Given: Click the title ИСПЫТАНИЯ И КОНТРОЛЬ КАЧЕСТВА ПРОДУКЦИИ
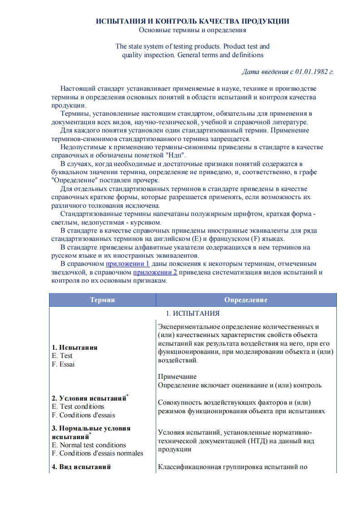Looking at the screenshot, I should click(x=192, y=21).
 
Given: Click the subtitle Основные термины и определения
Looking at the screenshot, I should click(x=192, y=30).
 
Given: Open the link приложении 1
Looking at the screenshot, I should click(x=128, y=264).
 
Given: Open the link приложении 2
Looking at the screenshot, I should click(x=155, y=272).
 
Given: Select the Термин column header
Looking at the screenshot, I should click(x=103, y=300).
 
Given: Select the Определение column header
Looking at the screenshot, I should click(x=246, y=300).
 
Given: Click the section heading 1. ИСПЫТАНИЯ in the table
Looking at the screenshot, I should click(x=192, y=313).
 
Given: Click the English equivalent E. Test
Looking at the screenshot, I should click(x=63, y=356).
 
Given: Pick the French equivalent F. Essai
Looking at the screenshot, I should click(x=64, y=364).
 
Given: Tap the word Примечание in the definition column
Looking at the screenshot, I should click(x=178, y=377).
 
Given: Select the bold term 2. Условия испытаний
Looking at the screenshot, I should click(x=89, y=398).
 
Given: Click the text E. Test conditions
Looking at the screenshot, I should click(x=78, y=406).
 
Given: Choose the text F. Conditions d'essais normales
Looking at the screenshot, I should click(x=98, y=453).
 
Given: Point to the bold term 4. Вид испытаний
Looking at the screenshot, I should click(x=81, y=467).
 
